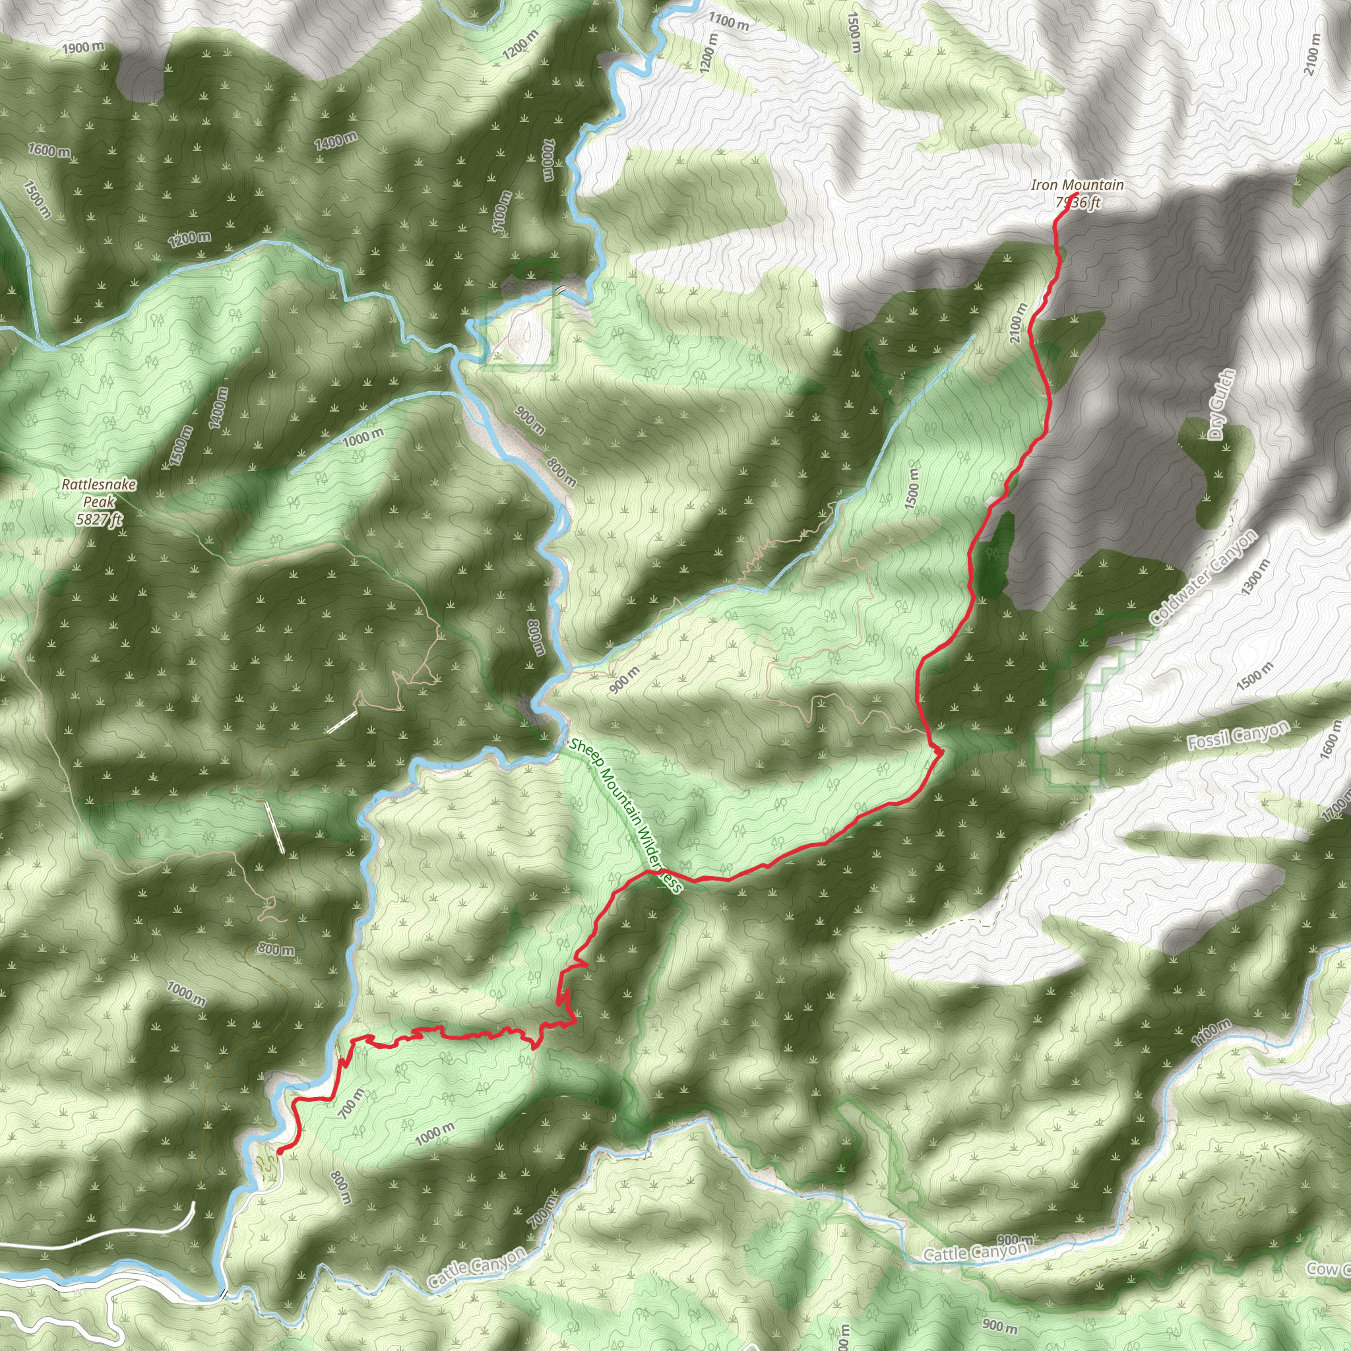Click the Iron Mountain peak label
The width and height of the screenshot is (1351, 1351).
(x=1077, y=185)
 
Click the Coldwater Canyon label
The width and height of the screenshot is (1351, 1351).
(x=1203, y=579)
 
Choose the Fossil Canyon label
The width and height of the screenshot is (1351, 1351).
(x=1238, y=736)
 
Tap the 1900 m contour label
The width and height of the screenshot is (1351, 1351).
(x=82, y=47)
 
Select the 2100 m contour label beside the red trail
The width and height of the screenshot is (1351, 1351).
(x=1019, y=323)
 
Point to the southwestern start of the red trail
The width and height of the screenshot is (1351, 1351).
(x=279, y=1150)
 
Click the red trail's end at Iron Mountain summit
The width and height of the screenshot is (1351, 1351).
(x=1075, y=194)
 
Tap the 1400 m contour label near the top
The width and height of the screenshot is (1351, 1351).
(x=336, y=141)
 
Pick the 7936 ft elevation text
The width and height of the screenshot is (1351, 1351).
(x=1078, y=203)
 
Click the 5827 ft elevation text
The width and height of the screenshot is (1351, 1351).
(x=98, y=519)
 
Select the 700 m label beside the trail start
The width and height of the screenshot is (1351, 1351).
(x=351, y=1104)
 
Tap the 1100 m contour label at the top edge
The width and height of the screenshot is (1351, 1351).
(x=728, y=22)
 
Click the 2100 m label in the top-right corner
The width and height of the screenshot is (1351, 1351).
(x=1313, y=54)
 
